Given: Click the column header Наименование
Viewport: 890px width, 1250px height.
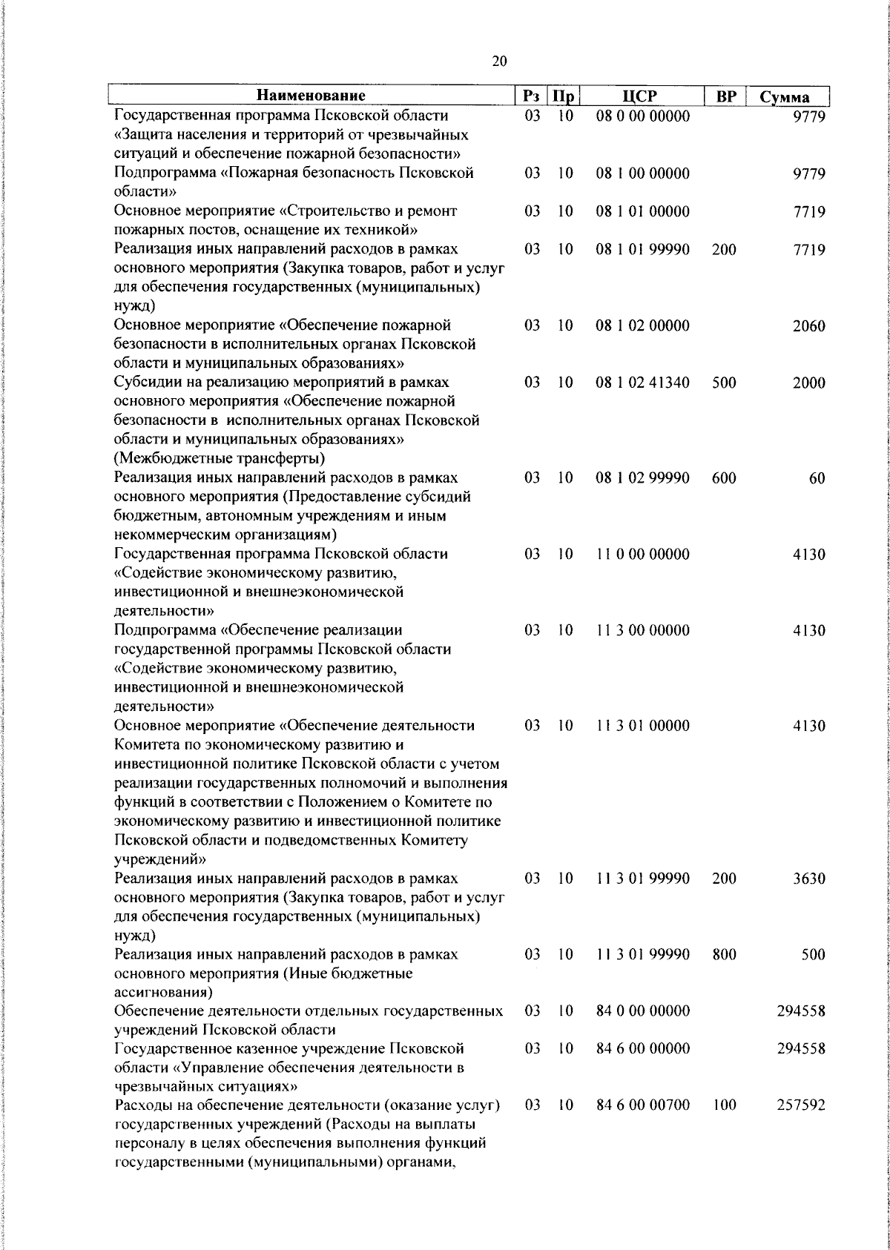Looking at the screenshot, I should [311, 96].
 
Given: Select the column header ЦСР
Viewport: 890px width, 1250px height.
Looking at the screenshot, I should [642, 96].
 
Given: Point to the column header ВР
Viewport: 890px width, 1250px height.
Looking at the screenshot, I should [725, 96].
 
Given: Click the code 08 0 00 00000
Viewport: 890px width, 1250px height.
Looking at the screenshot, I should [642, 116].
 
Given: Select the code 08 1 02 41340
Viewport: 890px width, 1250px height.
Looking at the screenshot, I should [642, 383].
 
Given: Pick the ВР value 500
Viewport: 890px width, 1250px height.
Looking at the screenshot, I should [723, 383].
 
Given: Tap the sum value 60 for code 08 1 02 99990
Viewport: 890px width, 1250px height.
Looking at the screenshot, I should [817, 479].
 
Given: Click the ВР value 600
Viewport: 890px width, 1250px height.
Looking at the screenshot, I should [723, 479].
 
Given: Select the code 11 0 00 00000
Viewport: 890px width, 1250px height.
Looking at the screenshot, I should [642, 555].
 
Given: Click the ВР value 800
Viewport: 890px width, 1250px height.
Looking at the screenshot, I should [723, 955].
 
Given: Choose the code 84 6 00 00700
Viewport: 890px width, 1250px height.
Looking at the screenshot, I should [642, 1105].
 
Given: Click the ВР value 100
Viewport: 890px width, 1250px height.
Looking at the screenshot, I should [723, 1105].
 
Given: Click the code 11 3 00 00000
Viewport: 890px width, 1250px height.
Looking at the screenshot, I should [642, 631].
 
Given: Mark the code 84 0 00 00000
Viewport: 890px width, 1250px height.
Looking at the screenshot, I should [642, 1011].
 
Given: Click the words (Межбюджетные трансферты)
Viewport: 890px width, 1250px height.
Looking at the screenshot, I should [220, 458].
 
